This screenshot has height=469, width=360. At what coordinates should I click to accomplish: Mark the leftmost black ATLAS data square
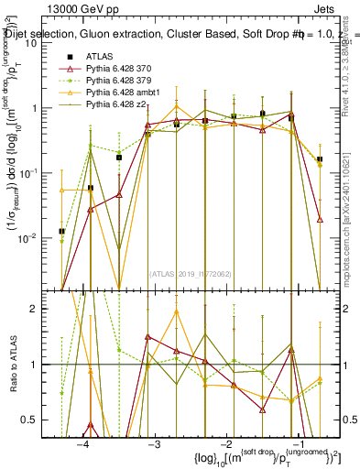(62, 232)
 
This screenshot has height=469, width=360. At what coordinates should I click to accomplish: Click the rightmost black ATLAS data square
(319, 159)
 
